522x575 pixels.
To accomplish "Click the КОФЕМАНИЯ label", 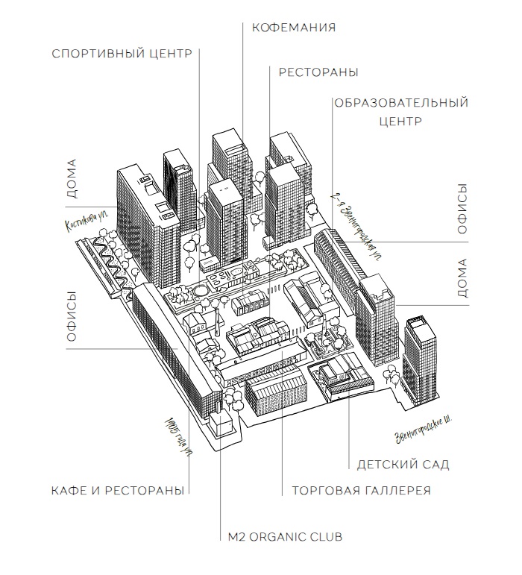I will [294, 28].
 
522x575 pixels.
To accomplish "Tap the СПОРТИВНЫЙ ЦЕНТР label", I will [122, 54].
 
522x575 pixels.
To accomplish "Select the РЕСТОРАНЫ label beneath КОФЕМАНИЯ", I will [318, 72].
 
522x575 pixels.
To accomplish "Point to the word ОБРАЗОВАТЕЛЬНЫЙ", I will [401, 103].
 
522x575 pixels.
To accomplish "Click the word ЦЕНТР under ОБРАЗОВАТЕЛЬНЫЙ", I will [401, 121].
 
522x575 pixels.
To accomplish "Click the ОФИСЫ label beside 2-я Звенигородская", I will [462, 209].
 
